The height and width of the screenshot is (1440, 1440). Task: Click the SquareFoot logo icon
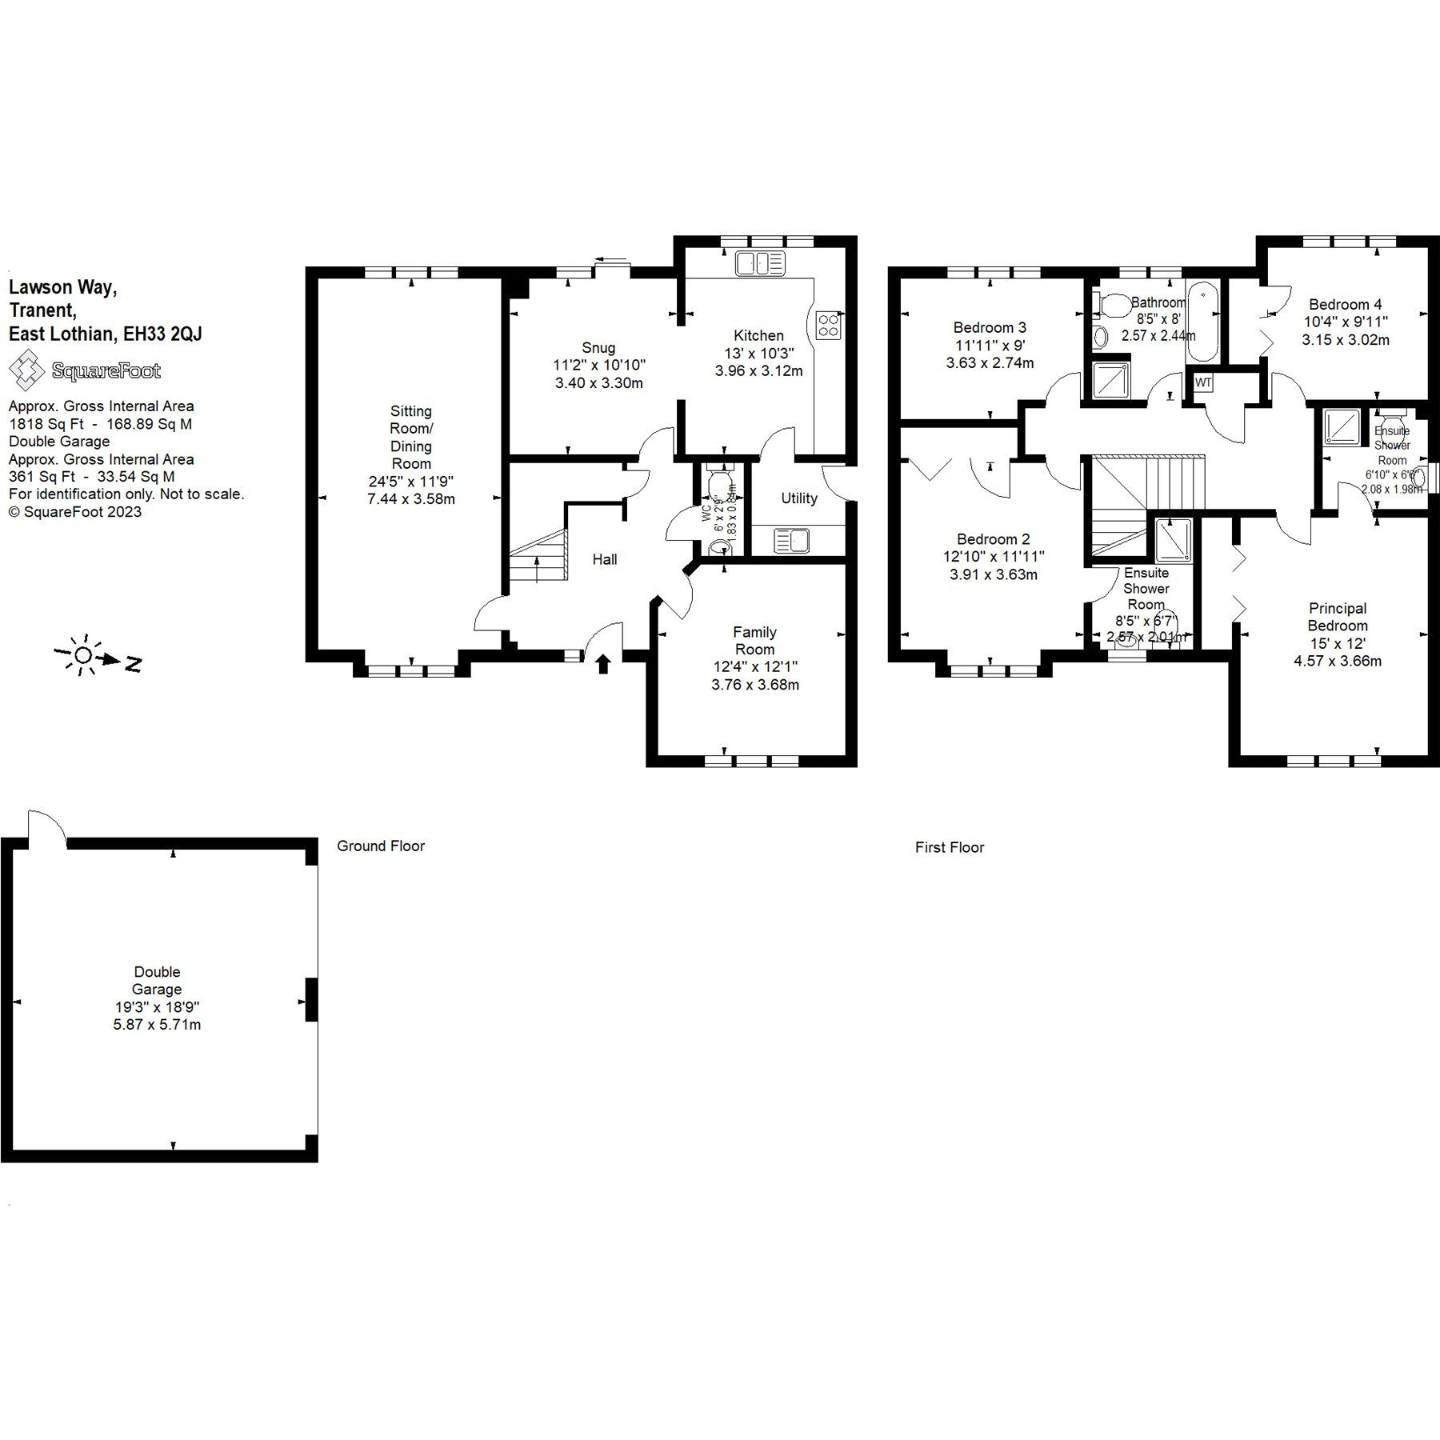[x=26, y=370]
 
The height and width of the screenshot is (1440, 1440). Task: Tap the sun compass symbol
[x=82, y=655]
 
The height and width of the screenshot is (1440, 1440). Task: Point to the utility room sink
[x=791, y=541]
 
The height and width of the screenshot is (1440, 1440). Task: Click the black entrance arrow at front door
[x=604, y=663]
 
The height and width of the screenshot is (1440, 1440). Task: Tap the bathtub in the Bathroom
[x=1201, y=322]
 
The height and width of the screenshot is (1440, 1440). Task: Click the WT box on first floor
[x=1202, y=383]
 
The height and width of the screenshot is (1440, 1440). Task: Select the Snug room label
[x=598, y=347]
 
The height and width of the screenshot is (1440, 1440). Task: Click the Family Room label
[x=754, y=640]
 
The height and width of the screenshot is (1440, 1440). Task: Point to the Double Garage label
[x=157, y=980]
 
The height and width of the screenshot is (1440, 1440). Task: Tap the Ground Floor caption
[x=380, y=846]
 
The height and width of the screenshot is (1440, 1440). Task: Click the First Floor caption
[x=949, y=847]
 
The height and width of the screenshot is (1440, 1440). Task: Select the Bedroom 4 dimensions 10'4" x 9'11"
[x=1345, y=322]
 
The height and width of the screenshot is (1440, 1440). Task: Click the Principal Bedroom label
[x=1337, y=617]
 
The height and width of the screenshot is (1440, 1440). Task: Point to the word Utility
[x=798, y=498]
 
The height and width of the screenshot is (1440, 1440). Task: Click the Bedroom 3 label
[x=989, y=327]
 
